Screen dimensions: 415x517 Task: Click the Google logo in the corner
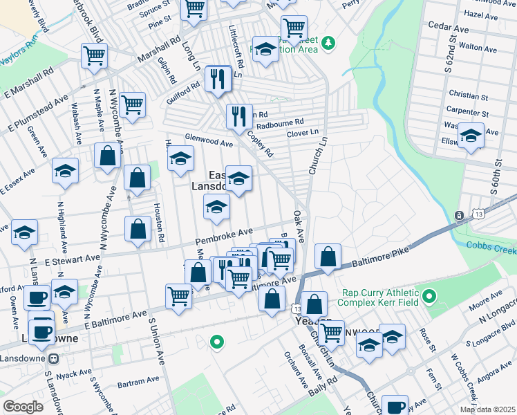[23, 407]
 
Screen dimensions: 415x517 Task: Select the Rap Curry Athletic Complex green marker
[429, 298]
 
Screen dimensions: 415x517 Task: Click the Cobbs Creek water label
[491, 246]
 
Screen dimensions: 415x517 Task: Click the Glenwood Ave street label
[208, 140]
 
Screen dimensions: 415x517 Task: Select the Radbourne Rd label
[280, 124]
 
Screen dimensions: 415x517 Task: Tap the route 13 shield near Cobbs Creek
[459, 216]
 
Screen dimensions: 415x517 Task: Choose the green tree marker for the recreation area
[329, 43]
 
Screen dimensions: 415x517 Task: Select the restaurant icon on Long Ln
[218, 79]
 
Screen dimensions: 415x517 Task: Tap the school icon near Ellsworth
[471, 135]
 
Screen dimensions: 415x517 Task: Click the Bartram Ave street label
[138, 382]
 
